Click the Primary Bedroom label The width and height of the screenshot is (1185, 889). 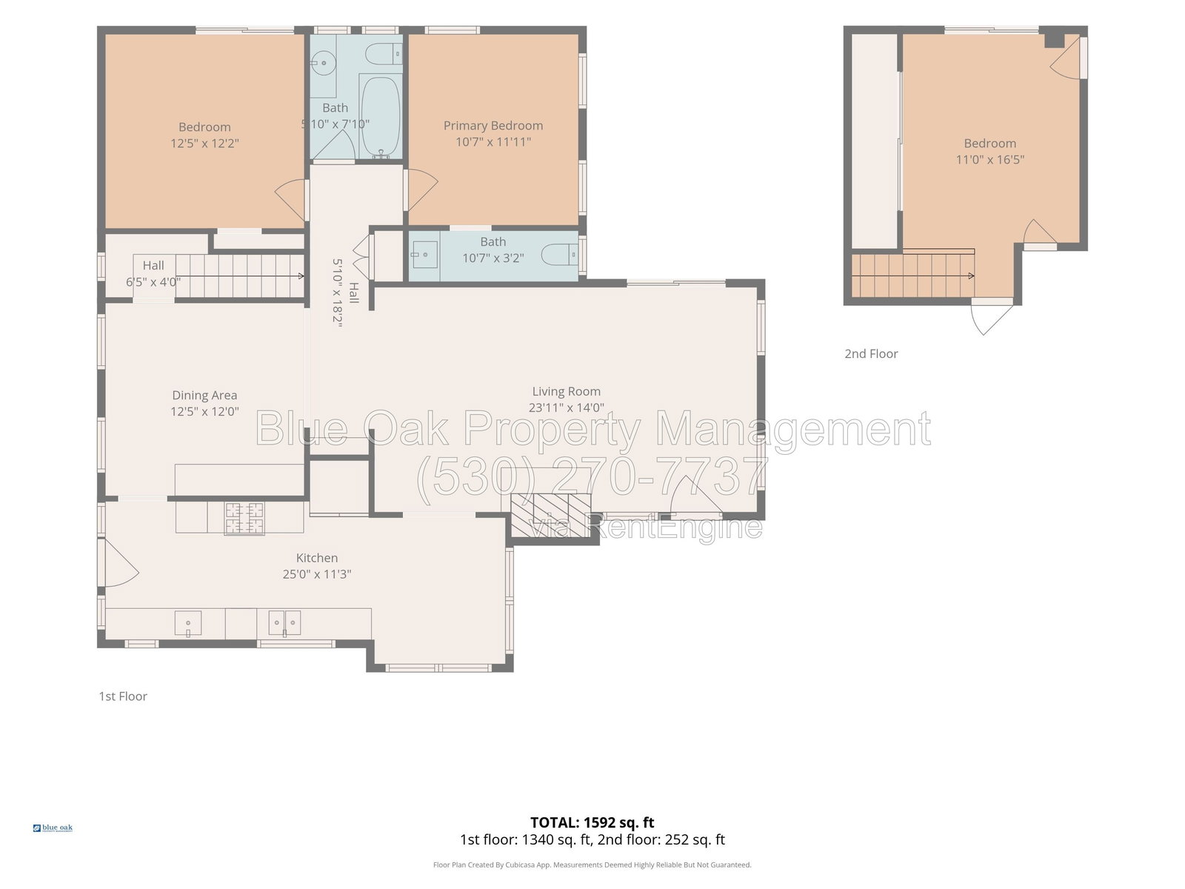tap(493, 125)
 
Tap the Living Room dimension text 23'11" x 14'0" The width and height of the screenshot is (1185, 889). tap(566, 407)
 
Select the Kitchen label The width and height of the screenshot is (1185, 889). tap(317, 558)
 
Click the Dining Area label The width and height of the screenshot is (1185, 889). tap(204, 395)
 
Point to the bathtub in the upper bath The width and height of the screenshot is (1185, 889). tap(380, 117)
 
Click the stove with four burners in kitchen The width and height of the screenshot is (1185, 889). tap(244, 518)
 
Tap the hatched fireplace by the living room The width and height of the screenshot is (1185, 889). tap(551, 515)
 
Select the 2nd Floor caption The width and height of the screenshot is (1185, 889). tap(871, 353)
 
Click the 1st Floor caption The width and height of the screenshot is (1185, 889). tap(122, 696)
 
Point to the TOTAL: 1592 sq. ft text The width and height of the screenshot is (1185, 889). tap(592, 822)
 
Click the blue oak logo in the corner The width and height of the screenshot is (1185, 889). tap(53, 828)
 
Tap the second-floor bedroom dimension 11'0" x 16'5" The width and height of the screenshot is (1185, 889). tap(989, 159)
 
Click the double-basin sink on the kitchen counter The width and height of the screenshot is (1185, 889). tap(284, 624)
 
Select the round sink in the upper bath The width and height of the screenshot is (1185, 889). tap(324, 63)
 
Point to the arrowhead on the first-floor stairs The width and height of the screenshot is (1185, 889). tap(301, 276)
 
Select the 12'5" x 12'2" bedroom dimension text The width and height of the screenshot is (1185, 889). tap(204, 143)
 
